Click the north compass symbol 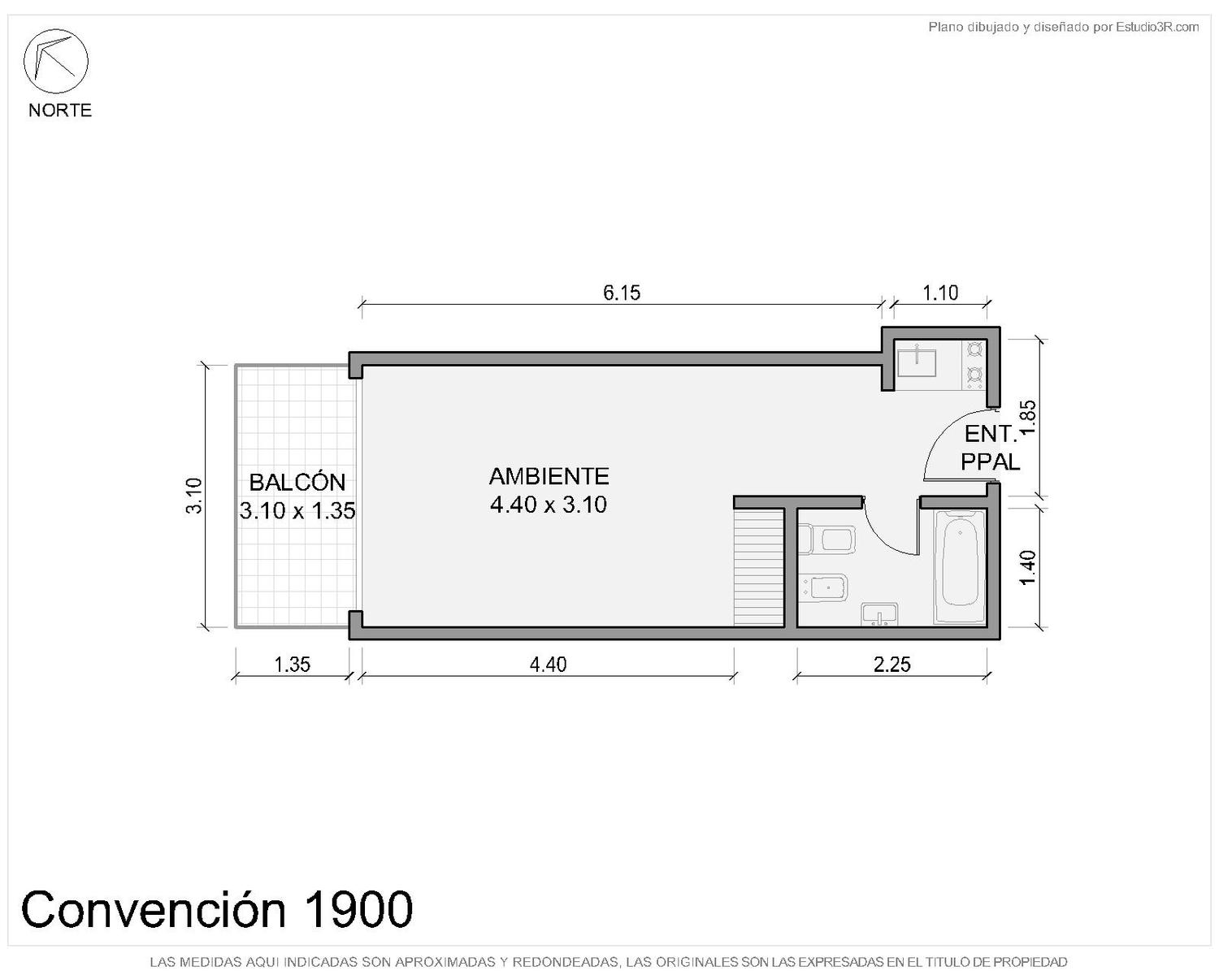tap(55, 61)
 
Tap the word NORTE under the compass tap(60, 110)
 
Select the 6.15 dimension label tap(622, 292)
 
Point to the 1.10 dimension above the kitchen tap(940, 292)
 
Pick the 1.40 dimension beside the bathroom tap(1028, 568)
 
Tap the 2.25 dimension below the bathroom tap(891, 665)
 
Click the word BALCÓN tap(297, 482)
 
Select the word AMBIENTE tap(549, 476)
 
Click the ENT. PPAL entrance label tap(990, 448)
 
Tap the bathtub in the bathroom tap(960, 566)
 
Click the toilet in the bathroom tap(826, 539)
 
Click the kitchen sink tap(917, 363)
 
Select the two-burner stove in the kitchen tap(974, 365)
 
